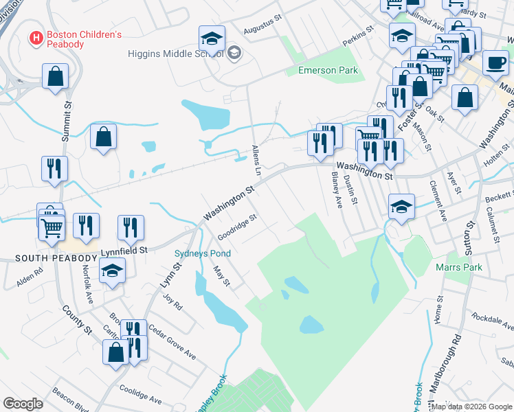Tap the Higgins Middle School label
pyautogui.click(x=176, y=54)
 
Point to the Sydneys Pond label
pyautogui.click(x=202, y=253)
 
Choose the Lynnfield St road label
pyautogui.click(x=124, y=252)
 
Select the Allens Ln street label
pyautogui.click(x=256, y=159)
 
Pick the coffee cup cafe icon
pyautogui.click(x=495, y=62)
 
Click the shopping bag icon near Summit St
pyautogui.click(x=55, y=76)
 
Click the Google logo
pyautogui.click(x=23, y=404)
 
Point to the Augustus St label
pyautogui.click(x=265, y=25)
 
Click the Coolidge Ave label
pyautogui.click(x=140, y=394)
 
